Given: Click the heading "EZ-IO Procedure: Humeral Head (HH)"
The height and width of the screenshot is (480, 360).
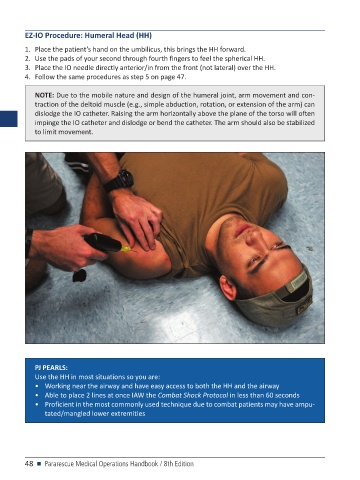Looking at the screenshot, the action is pyautogui.click(x=88, y=35).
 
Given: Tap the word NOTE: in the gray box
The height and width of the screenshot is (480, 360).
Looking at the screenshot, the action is pyautogui.click(x=44, y=95).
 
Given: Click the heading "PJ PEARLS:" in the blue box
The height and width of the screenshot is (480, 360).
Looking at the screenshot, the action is pyautogui.click(x=51, y=368).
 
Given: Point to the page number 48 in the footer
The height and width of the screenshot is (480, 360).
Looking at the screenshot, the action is pyautogui.click(x=29, y=464).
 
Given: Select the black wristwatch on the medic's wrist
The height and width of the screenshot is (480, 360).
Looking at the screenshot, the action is pyautogui.click(x=119, y=180).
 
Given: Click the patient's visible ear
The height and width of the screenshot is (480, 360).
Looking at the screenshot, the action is pyautogui.click(x=228, y=287).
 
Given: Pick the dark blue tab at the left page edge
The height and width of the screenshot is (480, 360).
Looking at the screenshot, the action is pyautogui.click(x=9, y=119).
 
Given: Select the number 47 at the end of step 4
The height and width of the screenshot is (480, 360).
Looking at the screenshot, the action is pyautogui.click(x=181, y=77).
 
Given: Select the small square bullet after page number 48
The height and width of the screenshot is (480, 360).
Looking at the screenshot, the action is pyautogui.click(x=39, y=464).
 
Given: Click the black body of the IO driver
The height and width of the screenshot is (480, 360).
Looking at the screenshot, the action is pyautogui.click(x=102, y=243).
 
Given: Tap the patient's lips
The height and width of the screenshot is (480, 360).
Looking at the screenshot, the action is pyautogui.click(x=242, y=230).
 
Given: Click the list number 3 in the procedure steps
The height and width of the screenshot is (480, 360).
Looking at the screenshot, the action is pyautogui.click(x=27, y=68).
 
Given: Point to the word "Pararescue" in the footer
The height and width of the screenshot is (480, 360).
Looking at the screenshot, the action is pyautogui.click(x=59, y=464).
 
